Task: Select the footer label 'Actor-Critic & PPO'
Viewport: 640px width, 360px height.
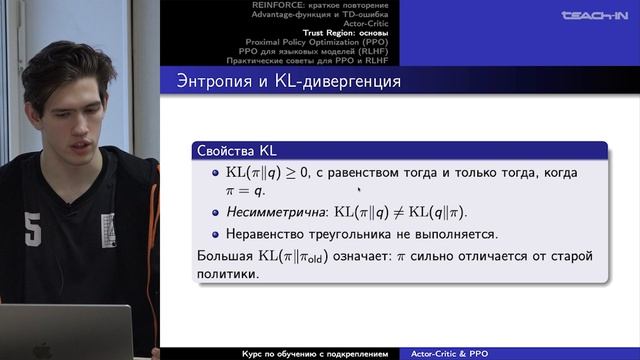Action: point(458,353)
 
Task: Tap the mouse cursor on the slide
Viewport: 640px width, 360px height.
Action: point(359,187)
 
